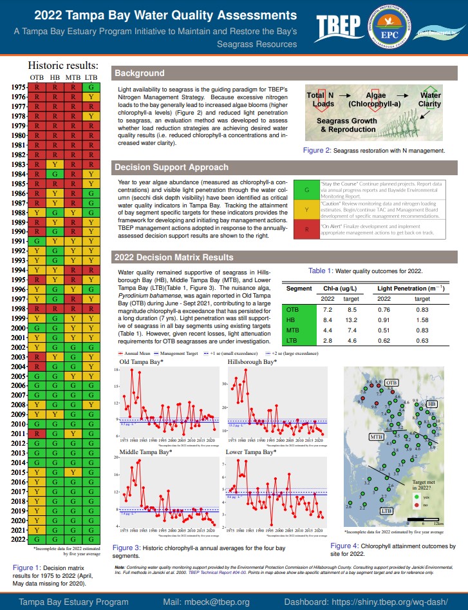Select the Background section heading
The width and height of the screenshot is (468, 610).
tap(139, 73)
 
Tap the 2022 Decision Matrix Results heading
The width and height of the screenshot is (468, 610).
tap(174, 258)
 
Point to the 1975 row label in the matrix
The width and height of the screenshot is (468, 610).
tap(18, 87)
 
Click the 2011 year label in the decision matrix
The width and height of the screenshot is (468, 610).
tap(18, 434)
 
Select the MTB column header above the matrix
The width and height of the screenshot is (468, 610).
tap(73, 77)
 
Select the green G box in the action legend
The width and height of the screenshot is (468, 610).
tap(306, 190)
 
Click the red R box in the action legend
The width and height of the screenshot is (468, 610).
tap(306, 229)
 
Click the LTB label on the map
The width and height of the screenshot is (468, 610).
tap(386, 510)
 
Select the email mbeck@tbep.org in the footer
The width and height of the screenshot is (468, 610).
tap(206, 602)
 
